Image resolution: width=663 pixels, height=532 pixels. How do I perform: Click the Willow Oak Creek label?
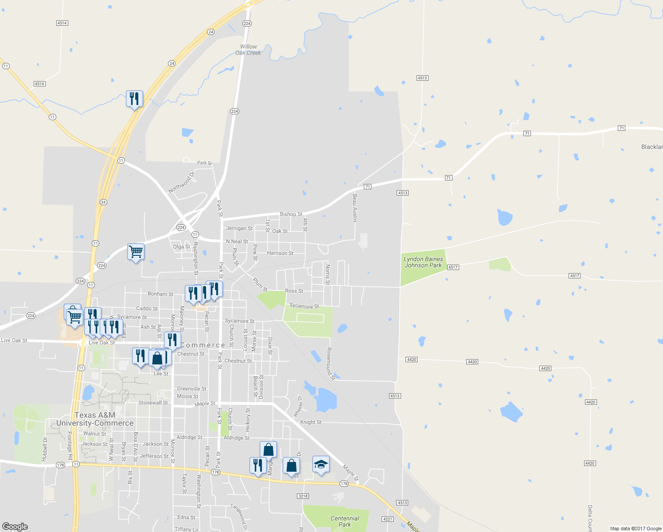point(248,50)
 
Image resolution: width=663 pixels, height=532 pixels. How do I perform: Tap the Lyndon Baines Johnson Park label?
point(423,262)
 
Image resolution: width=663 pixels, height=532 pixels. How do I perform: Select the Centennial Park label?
point(345,521)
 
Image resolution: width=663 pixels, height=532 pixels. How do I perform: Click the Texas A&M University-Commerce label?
point(95,419)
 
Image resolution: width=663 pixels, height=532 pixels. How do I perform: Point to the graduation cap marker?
point(321,465)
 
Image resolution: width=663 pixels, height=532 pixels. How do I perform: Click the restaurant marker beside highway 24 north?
point(134,99)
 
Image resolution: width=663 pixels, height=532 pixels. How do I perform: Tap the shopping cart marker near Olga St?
point(136,252)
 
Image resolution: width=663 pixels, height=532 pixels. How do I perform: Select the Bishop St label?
point(291,214)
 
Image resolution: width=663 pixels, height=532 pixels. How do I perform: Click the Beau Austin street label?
point(355,207)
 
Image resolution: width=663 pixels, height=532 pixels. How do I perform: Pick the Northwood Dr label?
point(181,183)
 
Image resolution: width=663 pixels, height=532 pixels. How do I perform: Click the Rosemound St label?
point(330,364)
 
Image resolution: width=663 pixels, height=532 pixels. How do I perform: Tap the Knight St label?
point(311,422)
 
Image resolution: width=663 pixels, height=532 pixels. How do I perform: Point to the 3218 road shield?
point(303,496)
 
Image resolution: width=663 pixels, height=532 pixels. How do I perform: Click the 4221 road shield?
point(387,519)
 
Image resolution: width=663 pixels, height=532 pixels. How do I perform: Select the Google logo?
point(15,526)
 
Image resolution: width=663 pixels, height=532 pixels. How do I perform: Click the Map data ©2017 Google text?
point(636,528)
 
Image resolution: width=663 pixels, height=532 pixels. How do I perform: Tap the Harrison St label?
point(280,253)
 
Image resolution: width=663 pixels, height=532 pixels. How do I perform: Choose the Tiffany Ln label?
point(186,529)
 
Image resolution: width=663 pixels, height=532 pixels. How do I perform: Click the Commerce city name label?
point(203,345)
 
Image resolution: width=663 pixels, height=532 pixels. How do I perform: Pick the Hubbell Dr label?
point(44,450)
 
